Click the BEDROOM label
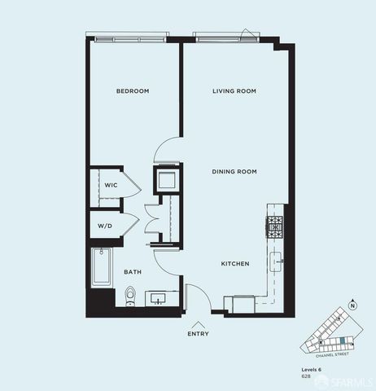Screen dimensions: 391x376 click(x=133, y=91)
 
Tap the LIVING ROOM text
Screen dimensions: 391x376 click(x=234, y=91)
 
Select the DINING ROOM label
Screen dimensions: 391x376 click(x=234, y=172)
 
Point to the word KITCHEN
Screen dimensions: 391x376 click(x=235, y=264)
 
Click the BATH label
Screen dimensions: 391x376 click(x=133, y=272)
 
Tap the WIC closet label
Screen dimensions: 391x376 click(x=111, y=186)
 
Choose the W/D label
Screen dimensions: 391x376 click(x=105, y=226)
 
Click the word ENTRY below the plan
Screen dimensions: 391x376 click(x=198, y=333)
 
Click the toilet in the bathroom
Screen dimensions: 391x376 click(x=130, y=297)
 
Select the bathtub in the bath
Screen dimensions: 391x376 click(x=101, y=266)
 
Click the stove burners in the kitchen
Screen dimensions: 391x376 click(x=274, y=227)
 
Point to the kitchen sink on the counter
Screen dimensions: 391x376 click(x=276, y=261)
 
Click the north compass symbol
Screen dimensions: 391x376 click(x=352, y=305)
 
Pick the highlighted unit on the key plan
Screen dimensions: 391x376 click(x=343, y=339)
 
